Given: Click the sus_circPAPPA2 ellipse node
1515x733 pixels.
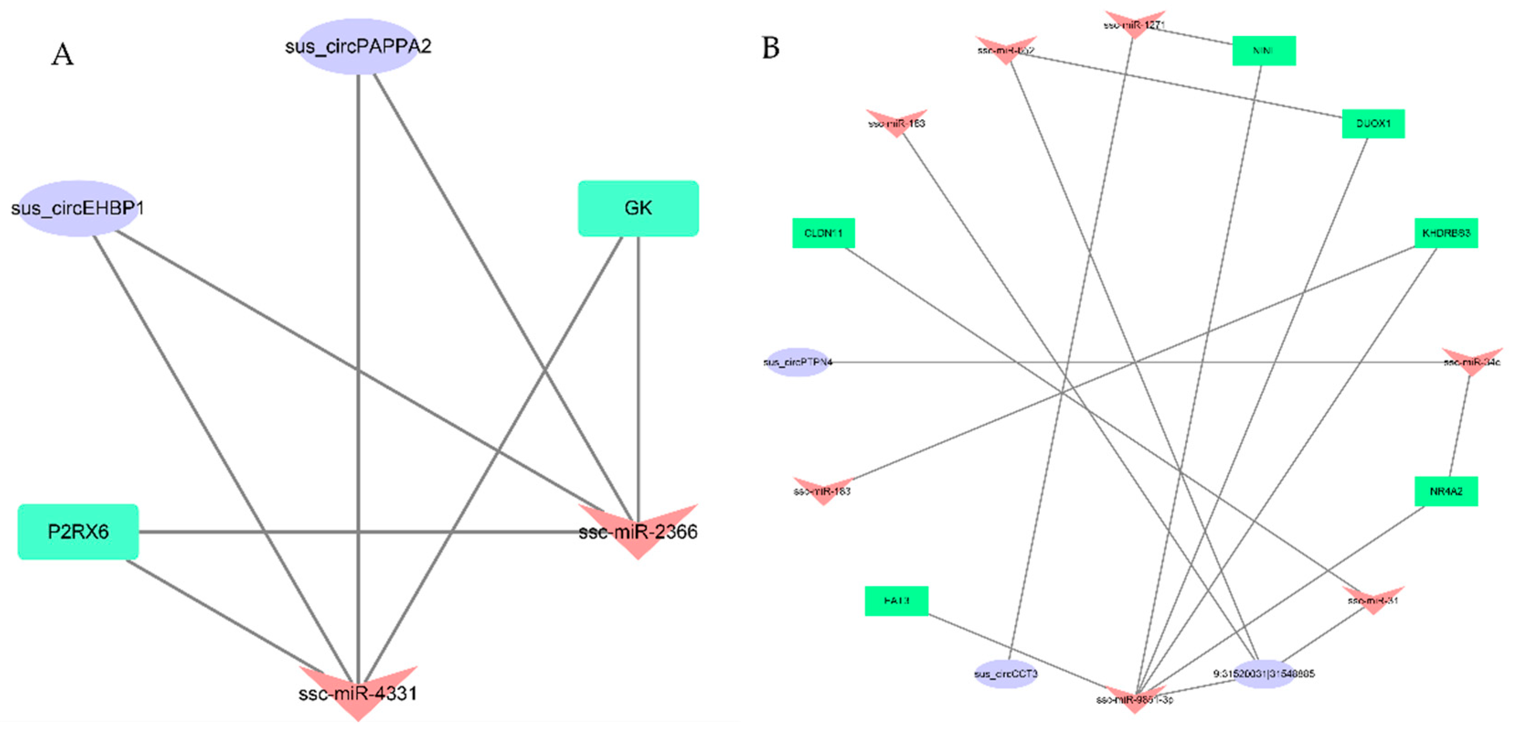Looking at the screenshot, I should [x=358, y=47].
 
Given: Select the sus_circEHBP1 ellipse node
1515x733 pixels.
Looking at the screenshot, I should [x=78, y=208].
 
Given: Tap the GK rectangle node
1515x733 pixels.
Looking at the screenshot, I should [x=638, y=208].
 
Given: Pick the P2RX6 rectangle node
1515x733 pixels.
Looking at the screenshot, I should [x=78, y=532].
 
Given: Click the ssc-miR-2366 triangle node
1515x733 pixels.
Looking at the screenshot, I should [x=638, y=529].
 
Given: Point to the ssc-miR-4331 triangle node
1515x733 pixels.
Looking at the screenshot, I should [x=358, y=691].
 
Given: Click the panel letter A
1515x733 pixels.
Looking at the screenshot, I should [x=62, y=55].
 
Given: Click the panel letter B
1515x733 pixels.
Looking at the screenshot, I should [x=770, y=47].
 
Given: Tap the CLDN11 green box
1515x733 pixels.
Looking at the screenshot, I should [x=823, y=233].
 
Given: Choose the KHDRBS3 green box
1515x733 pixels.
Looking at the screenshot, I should [x=1446, y=233].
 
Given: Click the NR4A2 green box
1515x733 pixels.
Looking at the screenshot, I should [x=1446, y=491].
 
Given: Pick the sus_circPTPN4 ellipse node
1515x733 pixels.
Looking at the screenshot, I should [x=798, y=362].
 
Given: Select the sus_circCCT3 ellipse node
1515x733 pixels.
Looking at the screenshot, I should [x=1006, y=674].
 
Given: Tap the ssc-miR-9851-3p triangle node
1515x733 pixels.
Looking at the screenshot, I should [x=1134, y=698].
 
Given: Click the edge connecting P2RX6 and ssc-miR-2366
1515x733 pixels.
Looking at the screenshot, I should [x=353, y=532].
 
